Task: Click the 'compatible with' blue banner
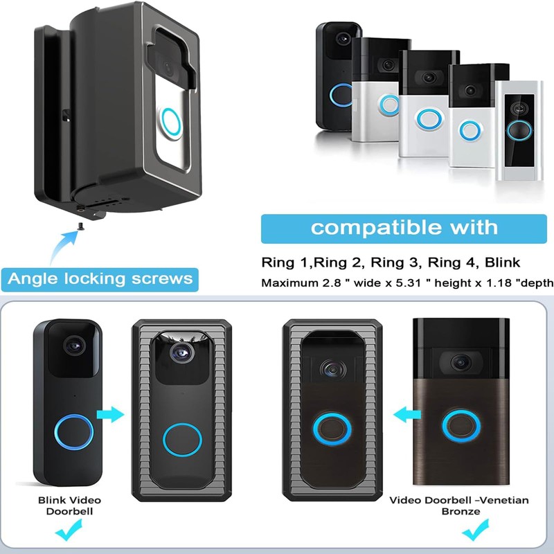pos(404,229)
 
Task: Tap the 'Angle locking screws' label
pos(100,279)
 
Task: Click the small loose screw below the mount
pos(81,226)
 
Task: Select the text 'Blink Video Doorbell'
pos(70,506)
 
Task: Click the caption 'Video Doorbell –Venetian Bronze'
pos(459,506)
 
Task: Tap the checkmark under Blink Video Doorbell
pos(69,530)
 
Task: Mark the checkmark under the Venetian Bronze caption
pos(476,530)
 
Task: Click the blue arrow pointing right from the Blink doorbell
pos(110,414)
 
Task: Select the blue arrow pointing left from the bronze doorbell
pos(407,414)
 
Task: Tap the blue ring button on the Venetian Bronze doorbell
pos(461,426)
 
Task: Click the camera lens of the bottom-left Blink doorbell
pos(74,345)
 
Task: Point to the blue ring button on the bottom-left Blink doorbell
pos(74,432)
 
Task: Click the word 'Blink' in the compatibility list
pos(502,262)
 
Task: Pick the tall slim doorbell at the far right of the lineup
pos(519,130)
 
